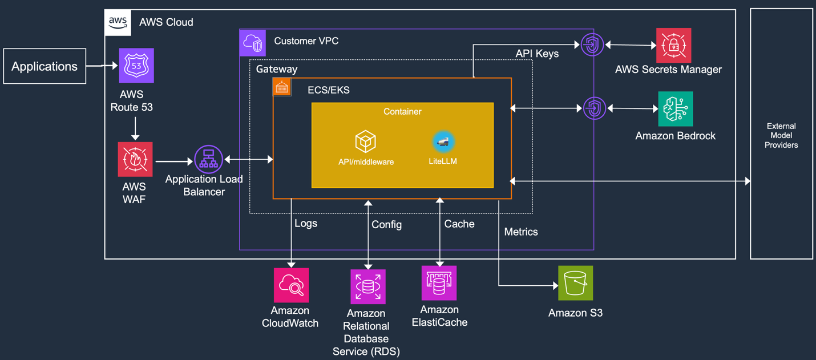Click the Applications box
pyautogui.click(x=45, y=66)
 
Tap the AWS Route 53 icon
pyautogui.click(x=136, y=66)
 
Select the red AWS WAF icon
pyautogui.click(x=135, y=159)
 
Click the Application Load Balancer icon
pyautogui.click(x=208, y=159)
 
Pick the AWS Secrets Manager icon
pyautogui.click(x=673, y=45)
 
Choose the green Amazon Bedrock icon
pyautogui.click(x=676, y=108)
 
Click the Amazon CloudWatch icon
pyautogui.click(x=291, y=285)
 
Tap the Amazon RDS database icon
pyautogui.click(x=367, y=286)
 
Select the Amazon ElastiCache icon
pyautogui.click(x=439, y=283)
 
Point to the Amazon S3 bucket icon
pyautogui.click(x=575, y=283)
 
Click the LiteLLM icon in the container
pyautogui.click(x=443, y=141)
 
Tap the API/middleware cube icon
pyautogui.click(x=366, y=141)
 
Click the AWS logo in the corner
pyautogui.click(x=118, y=22)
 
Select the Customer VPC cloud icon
pyautogui.click(x=253, y=43)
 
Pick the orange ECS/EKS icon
pyautogui.click(x=282, y=87)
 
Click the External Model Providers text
pyautogui.click(x=781, y=136)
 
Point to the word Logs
pyautogui.click(x=306, y=224)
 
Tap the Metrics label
pyautogui.click(x=521, y=232)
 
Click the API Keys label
pyautogui.click(x=537, y=54)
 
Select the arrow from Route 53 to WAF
pyautogui.click(x=135, y=128)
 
